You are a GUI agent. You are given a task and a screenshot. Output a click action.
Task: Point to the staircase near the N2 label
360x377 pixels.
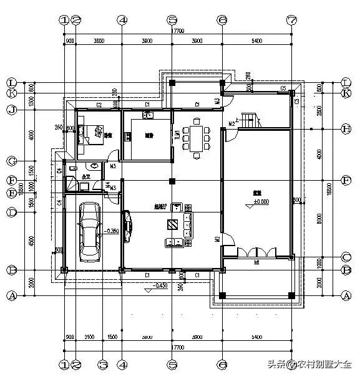tap(249, 120)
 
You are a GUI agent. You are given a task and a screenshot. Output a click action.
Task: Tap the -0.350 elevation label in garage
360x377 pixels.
tap(112, 231)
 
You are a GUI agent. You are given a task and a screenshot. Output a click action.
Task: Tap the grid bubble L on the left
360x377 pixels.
tap(11, 82)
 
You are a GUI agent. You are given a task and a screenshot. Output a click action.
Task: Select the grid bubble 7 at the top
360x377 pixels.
tap(290, 20)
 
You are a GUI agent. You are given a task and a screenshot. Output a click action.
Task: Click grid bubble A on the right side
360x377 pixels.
tap(348, 296)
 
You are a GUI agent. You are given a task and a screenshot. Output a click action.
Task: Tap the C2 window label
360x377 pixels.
tap(99, 104)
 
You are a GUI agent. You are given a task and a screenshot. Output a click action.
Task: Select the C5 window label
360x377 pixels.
tap(283, 89)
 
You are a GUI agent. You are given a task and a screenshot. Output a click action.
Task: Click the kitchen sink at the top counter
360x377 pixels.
tap(148, 115)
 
